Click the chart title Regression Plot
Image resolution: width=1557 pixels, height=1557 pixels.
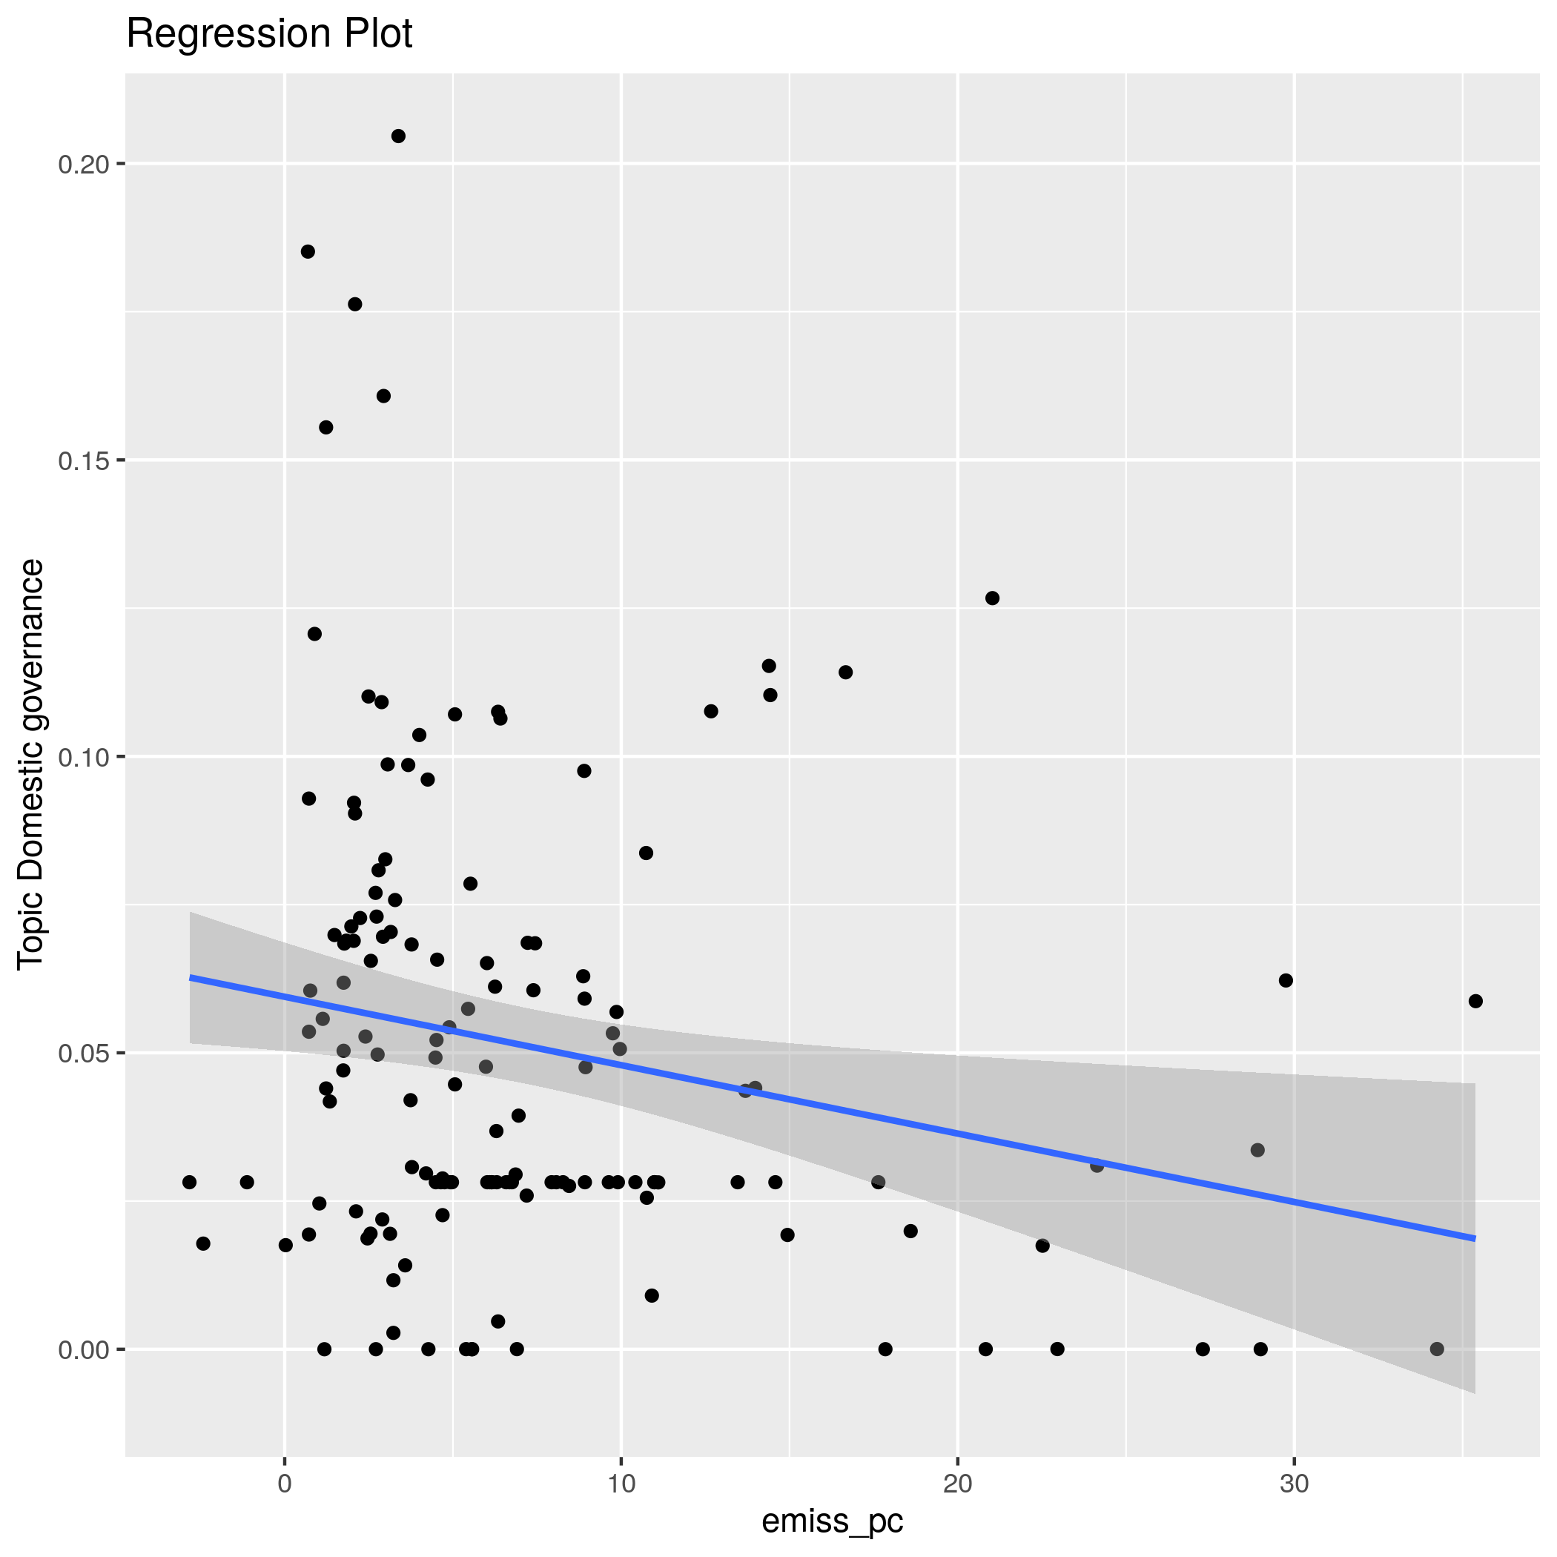point(269,35)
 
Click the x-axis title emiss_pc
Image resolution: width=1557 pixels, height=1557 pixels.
point(833,1521)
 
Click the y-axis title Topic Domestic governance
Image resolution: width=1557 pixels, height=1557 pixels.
point(31,765)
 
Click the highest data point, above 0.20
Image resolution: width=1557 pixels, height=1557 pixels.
point(398,136)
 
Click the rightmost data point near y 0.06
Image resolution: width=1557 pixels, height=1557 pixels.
point(1475,1002)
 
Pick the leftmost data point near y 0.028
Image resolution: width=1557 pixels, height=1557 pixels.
point(189,1183)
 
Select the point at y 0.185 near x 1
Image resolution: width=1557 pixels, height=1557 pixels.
point(308,251)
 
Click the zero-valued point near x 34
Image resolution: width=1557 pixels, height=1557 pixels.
point(1437,1349)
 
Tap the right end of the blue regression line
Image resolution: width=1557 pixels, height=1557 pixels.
point(1474,1238)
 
